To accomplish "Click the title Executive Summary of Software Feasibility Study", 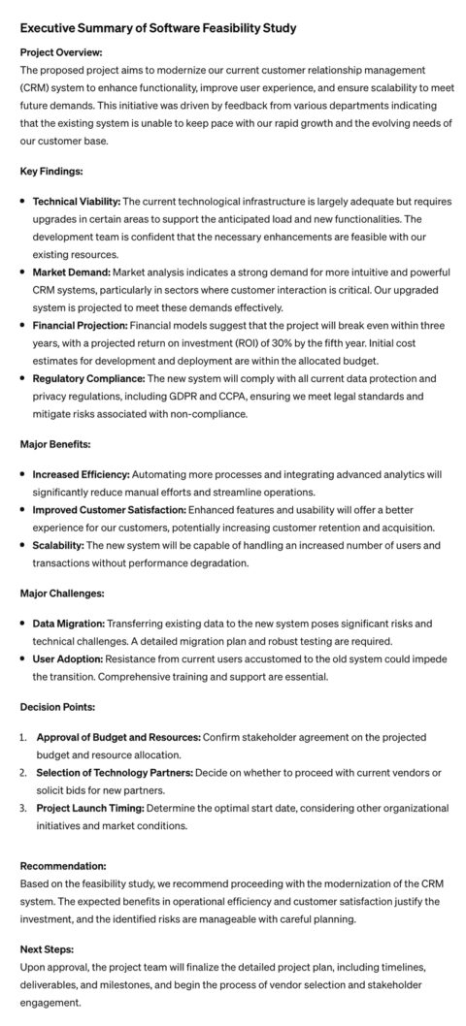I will click(157, 29).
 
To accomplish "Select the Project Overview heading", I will click(61, 52).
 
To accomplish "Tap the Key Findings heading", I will click(51, 171).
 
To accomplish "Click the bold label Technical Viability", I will click(77, 202).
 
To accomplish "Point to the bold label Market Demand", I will click(71, 273).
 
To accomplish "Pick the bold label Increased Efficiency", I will click(81, 475).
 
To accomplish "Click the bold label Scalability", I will click(57, 546).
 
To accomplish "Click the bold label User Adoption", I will click(67, 658).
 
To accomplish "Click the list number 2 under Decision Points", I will click(23, 772).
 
